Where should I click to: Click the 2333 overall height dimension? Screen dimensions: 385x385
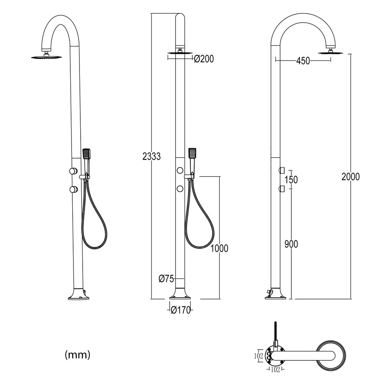pos(151,157)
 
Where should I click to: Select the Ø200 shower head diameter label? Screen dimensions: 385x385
pos(204,59)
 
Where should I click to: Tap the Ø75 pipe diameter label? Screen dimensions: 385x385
pos(166,279)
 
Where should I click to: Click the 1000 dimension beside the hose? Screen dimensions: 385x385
pos(219,249)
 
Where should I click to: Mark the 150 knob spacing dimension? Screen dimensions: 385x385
pos(291,180)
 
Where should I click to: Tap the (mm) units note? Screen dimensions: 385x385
pos(77,355)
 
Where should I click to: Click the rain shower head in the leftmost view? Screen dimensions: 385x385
pos(47,57)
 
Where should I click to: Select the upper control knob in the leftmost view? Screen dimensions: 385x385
pos(73,171)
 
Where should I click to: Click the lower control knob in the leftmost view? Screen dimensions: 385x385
pos(73,190)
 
